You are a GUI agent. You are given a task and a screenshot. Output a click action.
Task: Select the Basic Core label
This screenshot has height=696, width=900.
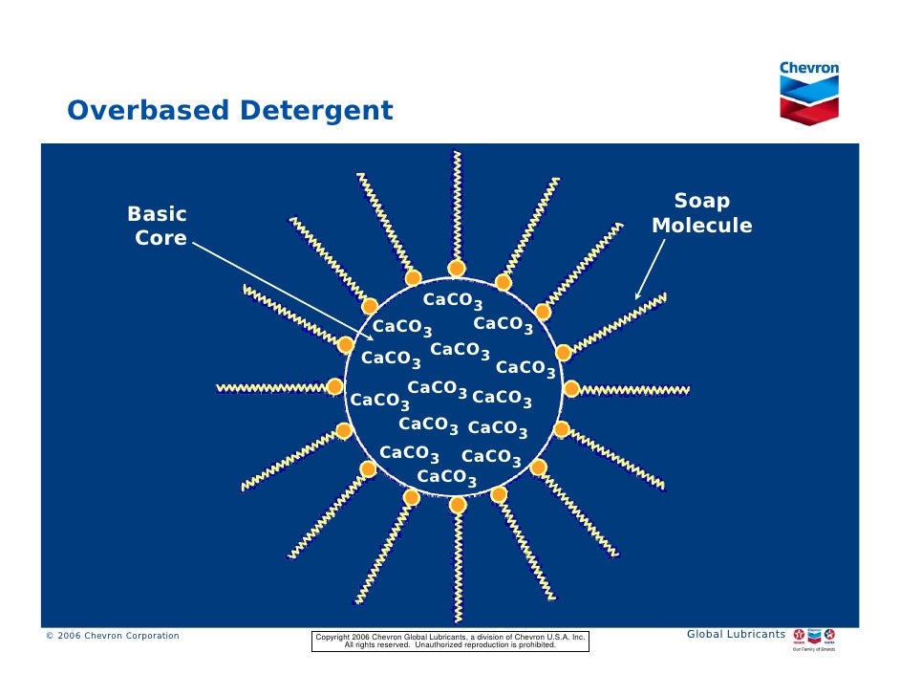click(159, 226)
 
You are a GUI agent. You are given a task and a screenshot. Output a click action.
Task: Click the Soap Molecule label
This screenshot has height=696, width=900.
click(701, 214)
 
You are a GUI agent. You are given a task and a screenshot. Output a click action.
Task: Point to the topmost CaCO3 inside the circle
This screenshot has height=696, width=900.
click(453, 301)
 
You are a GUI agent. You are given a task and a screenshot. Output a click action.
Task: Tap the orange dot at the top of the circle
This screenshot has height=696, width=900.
click(458, 268)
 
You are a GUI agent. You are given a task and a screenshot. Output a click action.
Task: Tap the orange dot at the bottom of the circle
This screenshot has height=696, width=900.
click(458, 505)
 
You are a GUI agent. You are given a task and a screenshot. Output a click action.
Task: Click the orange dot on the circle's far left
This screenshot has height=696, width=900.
click(335, 385)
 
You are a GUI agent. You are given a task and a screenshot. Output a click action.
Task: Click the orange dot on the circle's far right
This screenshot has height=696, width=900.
click(571, 388)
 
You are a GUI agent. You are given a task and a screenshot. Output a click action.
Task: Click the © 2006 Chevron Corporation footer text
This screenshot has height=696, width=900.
click(113, 636)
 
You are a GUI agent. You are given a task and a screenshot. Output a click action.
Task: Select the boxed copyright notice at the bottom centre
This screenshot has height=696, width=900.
click(450, 641)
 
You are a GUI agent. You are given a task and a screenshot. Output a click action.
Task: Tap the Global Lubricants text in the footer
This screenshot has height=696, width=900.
click(736, 634)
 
